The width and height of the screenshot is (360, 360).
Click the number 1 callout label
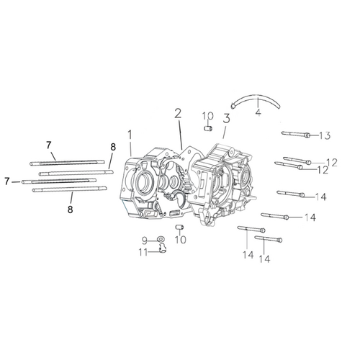click(x=130, y=135)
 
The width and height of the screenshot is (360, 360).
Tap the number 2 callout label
click(x=178, y=114)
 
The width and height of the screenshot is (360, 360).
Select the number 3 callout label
click(x=226, y=118)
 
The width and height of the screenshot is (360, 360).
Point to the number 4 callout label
click(x=258, y=112)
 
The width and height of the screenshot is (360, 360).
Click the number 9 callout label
click(x=145, y=240)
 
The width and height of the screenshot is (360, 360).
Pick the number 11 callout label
click(x=143, y=253)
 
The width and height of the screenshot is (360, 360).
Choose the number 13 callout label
click(x=325, y=135)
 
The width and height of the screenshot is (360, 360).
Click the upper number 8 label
click(x=113, y=147)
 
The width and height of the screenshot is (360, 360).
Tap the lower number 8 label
click(x=70, y=210)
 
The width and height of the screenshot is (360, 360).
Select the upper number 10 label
click(x=208, y=116)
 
